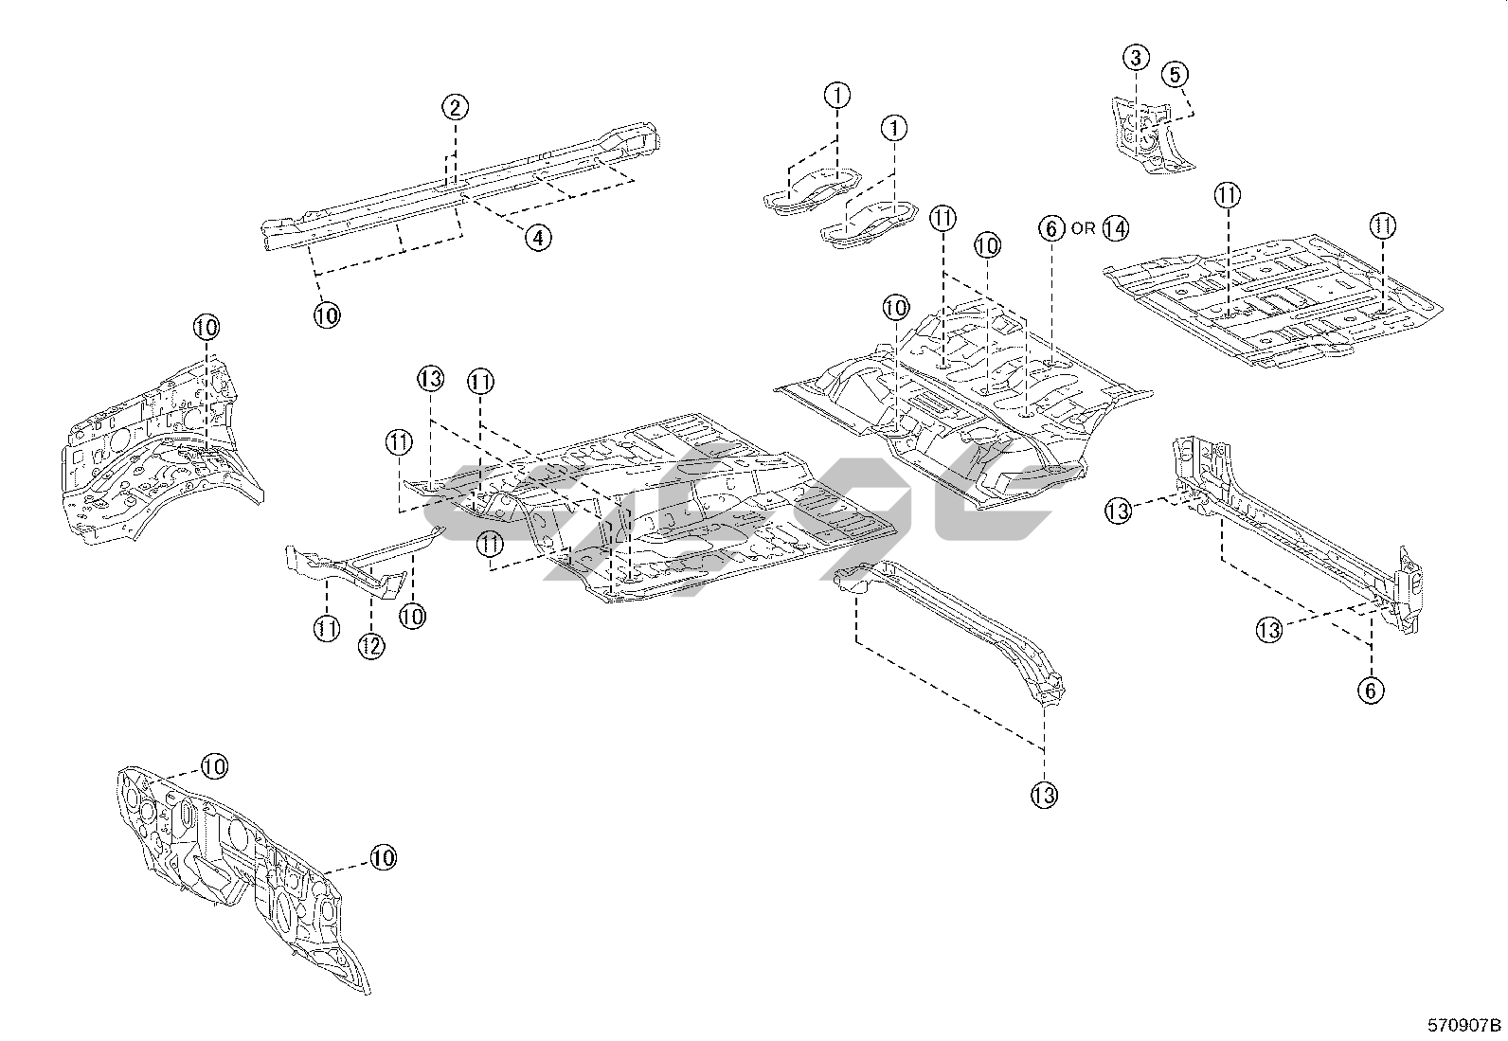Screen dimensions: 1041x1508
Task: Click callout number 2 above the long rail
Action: (455, 106)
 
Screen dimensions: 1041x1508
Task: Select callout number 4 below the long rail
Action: (537, 237)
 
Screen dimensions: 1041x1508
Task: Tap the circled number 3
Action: (1136, 58)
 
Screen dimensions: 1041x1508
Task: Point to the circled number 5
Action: (1174, 74)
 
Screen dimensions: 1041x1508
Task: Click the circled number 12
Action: (370, 646)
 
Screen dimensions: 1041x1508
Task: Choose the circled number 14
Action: (1115, 228)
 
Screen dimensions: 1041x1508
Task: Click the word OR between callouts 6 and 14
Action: (1083, 229)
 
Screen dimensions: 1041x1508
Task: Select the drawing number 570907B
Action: (1464, 1025)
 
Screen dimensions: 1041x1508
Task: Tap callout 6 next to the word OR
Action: (1050, 228)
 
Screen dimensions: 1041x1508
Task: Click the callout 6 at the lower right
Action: (1370, 691)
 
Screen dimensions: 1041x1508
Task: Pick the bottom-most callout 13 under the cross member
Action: (1043, 794)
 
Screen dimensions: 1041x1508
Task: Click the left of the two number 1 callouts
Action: (836, 95)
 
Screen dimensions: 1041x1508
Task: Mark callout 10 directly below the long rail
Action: (326, 314)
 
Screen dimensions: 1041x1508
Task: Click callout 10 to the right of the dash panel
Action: (382, 858)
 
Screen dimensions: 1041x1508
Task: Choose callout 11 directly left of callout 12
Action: (326, 628)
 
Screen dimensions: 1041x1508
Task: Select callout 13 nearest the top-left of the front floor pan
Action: (430, 380)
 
